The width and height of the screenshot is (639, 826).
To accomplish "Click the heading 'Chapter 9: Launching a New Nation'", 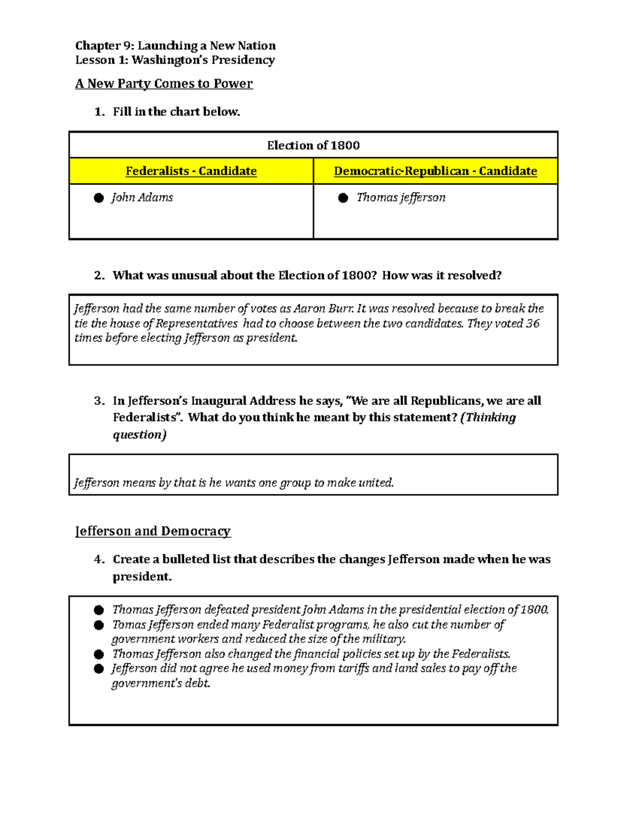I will [x=175, y=46].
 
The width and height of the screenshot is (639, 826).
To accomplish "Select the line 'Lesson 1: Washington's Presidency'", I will [x=175, y=60].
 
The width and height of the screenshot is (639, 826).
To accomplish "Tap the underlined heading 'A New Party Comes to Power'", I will [x=163, y=84].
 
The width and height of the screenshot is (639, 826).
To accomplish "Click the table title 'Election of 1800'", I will [x=313, y=146].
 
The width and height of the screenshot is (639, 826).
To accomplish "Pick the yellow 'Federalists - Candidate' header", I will [x=191, y=171].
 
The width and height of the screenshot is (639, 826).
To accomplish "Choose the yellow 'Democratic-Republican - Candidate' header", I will [x=435, y=171].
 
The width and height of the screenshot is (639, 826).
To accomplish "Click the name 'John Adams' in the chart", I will [x=142, y=198].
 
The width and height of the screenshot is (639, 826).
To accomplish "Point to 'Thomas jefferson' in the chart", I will [x=400, y=198].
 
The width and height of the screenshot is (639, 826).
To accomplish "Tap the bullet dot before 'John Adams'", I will [x=99, y=198].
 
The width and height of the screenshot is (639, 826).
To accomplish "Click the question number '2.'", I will [x=99, y=276].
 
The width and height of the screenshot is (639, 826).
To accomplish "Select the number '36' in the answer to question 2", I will [x=532, y=323].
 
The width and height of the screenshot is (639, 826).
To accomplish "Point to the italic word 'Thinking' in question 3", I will [x=490, y=418].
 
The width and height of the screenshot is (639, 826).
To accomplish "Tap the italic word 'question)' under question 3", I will [x=140, y=435].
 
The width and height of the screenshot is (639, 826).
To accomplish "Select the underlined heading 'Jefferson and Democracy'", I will [x=153, y=531].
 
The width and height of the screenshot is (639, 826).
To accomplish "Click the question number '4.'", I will [x=99, y=560].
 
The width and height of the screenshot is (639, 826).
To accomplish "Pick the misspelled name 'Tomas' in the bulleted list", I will [x=127, y=624].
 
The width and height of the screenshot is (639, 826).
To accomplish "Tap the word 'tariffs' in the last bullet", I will [x=353, y=669].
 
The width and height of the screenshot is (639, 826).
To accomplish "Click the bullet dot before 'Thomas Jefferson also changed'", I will [x=99, y=654].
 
